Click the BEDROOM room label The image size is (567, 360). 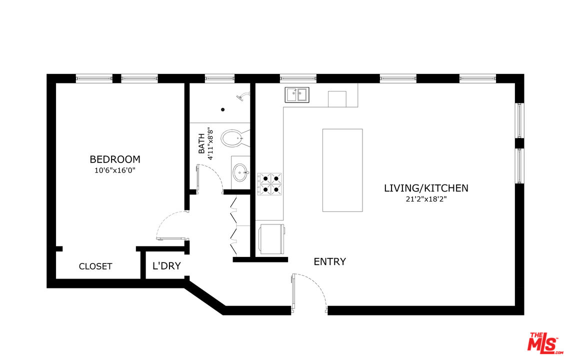tap(114, 159)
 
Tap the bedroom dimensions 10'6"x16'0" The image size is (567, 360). tap(114, 170)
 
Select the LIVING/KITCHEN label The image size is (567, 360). tap(425, 188)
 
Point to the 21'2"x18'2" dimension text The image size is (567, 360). tap(425, 199)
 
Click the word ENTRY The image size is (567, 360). tap(329, 261)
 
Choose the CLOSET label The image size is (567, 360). tap(95, 266)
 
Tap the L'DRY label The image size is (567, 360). tap(166, 266)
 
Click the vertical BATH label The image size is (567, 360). tap(201, 143)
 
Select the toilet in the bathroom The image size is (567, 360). tap(233, 138)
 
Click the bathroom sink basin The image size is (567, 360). tap(240, 172)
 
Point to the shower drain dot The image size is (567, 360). tap(223, 109)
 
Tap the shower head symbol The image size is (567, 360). tap(243, 95)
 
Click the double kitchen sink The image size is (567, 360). tap(297, 94)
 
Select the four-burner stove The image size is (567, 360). tap(269, 183)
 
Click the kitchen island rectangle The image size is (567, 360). tap(342, 170)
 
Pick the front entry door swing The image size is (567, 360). tap(310, 290)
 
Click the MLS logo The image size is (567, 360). tap(542, 342)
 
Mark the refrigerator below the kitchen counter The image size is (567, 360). tap(271, 238)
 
